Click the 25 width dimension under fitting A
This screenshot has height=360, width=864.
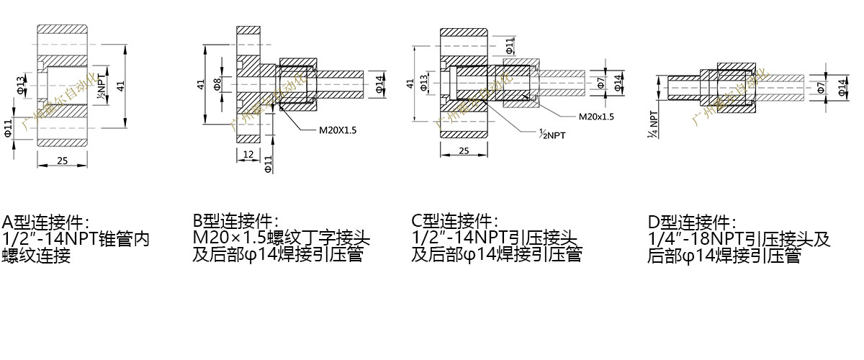(x=62, y=161)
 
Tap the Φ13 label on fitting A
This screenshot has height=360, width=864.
(x=20, y=84)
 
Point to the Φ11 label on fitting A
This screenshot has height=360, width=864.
(x=8, y=127)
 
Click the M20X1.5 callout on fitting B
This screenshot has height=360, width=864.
(x=338, y=130)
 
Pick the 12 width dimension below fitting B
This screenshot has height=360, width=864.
(x=247, y=155)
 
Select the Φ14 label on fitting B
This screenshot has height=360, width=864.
(x=380, y=84)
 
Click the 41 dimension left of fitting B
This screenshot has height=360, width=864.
(x=202, y=84)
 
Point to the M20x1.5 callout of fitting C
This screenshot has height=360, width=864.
(x=596, y=116)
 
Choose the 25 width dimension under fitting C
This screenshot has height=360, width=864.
(x=464, y=151)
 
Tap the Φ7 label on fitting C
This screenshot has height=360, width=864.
(x=600, y=83)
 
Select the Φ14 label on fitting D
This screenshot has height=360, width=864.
(x=842, y=87)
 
